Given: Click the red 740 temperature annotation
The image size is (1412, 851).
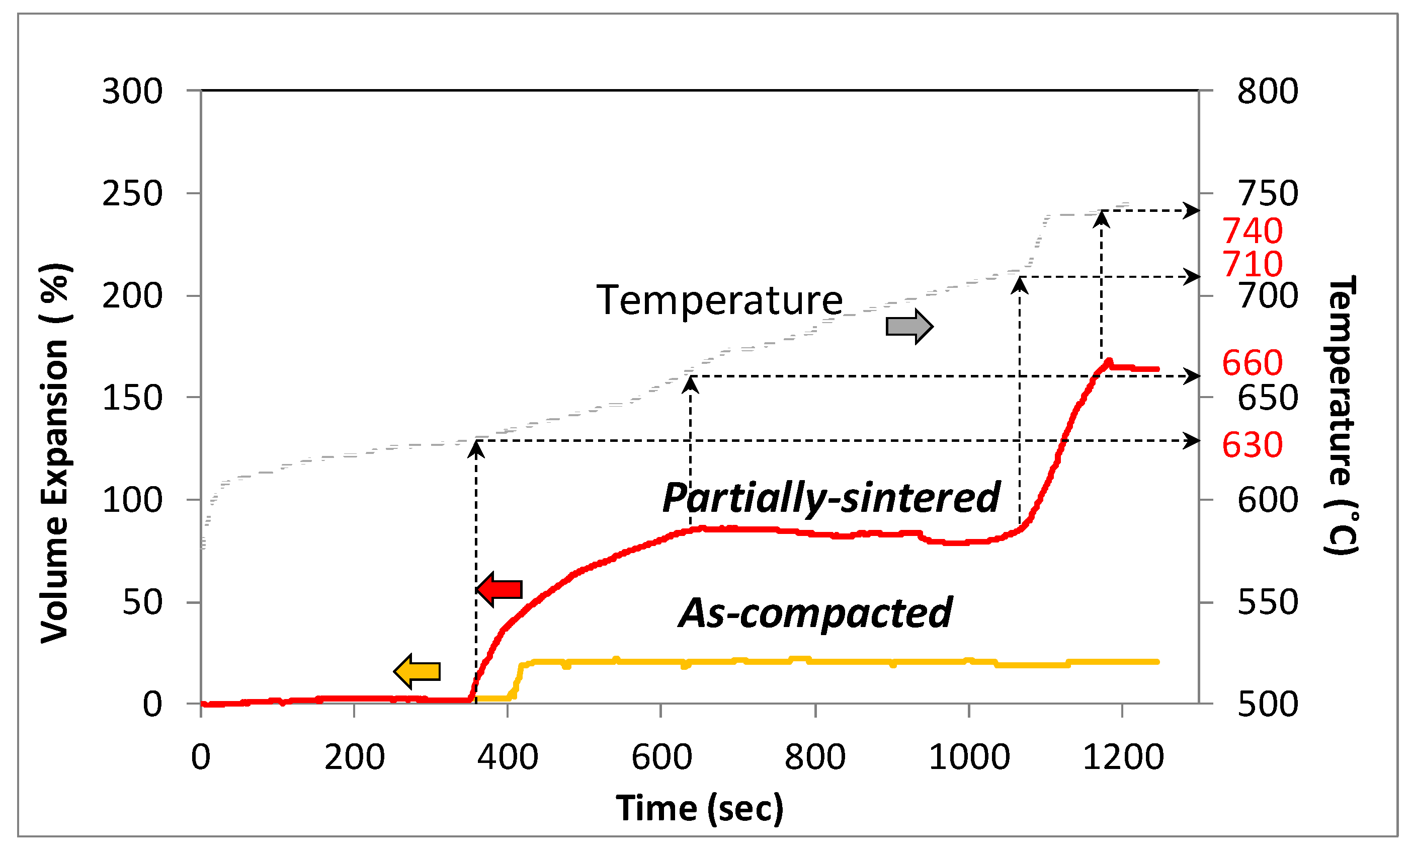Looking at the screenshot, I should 1252,231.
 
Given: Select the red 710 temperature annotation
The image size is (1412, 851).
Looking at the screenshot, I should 1252,264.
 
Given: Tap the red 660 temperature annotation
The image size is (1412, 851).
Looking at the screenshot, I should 1252,363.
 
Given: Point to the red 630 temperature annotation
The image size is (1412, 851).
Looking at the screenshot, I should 1252,445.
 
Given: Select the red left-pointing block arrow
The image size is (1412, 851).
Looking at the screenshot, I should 500,589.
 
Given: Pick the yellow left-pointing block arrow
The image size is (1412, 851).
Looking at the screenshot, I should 418,671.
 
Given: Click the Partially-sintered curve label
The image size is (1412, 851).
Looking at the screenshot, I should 832,497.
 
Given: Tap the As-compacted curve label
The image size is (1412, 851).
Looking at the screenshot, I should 816,613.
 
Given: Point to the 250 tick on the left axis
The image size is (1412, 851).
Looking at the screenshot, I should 132,194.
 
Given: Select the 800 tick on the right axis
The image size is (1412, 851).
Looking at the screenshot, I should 1268,91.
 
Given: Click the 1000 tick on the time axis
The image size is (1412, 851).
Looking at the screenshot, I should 969,757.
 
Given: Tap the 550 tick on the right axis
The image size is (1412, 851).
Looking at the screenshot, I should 1268,602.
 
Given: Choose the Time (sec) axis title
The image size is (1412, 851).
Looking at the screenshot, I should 700,808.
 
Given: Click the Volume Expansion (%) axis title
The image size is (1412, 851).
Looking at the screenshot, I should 55,453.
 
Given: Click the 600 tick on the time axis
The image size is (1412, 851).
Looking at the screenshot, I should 662,757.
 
